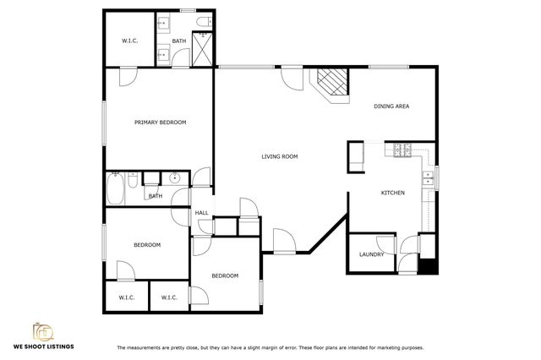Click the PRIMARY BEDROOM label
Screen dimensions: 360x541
[x=160, y=123]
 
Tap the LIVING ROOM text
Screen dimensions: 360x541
[x=279, y=156]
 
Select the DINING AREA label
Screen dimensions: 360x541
[x=391, y=106]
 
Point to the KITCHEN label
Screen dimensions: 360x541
[x=392, y=194]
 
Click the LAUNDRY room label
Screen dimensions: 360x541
[x=371, y=254]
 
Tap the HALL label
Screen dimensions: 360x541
[x=202, y=213]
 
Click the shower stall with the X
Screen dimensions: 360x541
[x=203, y=47]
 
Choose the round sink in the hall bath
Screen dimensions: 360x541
[x=175, y=178]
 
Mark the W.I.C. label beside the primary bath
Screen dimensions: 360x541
[x=129, y=41]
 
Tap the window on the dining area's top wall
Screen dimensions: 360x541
[x=389, y=67]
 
